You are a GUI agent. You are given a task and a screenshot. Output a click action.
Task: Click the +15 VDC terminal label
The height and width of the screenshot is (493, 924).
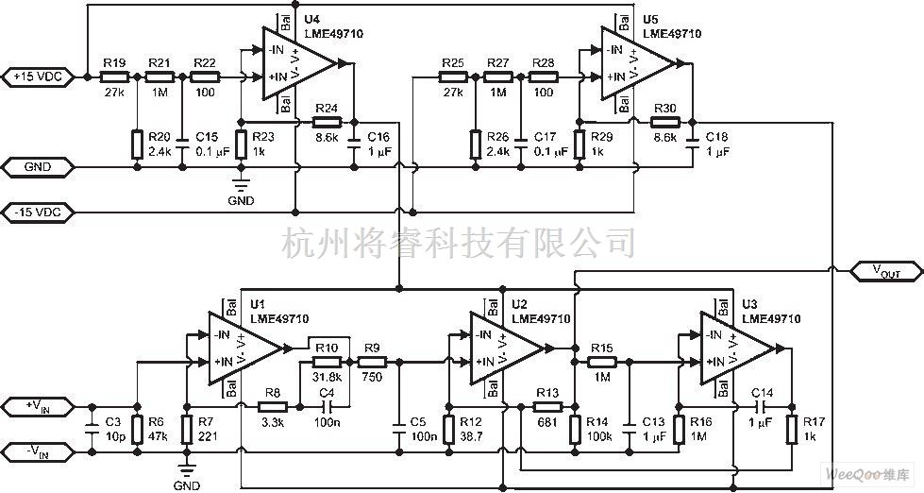pos(38,76)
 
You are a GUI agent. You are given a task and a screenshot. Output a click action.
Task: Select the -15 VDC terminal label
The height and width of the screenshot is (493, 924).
pos(38,210)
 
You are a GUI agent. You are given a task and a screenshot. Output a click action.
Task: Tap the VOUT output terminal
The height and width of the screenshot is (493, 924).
pos(884,272)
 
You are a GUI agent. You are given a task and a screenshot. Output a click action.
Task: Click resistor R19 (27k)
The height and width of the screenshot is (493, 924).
pos(115,76)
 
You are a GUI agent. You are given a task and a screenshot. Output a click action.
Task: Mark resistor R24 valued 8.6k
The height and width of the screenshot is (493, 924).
pos(327,122)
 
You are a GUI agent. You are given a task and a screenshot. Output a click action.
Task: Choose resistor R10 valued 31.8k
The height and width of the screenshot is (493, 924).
pos(326,362)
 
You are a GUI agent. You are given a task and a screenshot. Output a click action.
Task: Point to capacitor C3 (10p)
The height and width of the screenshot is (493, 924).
pos(92,427)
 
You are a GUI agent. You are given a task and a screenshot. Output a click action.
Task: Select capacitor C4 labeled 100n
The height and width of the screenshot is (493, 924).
pos(327,406)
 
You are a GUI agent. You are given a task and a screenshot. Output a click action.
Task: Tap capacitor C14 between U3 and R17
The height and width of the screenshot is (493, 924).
pos(762,406)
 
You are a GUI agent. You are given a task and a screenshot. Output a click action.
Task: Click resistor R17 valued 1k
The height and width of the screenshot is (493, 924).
pos(791,427)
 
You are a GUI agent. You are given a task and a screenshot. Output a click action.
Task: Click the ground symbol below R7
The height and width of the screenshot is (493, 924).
pos(186,471)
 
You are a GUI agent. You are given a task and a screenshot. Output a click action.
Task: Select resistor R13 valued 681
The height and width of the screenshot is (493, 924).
pos(548,406)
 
